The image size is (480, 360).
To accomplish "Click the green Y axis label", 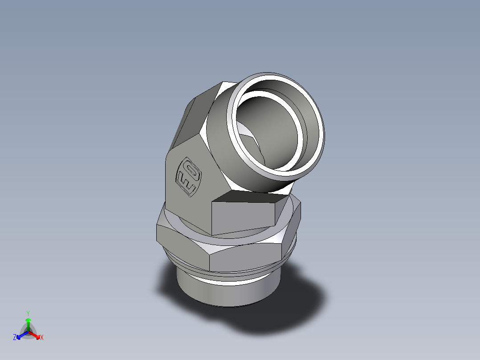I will click(28, 313).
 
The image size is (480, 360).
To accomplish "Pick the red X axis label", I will click(41, 338).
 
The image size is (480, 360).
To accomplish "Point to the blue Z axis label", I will click(15, 337).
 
